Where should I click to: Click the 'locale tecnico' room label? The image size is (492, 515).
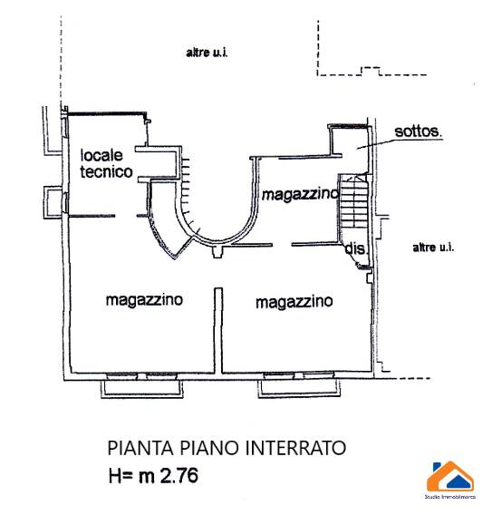click(x=106, y=163)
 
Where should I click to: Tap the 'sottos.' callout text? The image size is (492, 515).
click(x=418, y=131)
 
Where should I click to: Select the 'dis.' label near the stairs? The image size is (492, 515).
click(x=355, y=248)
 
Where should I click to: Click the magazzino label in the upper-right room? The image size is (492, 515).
click(x=300, y=194)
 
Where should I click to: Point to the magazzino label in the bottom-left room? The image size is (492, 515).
click(x=144, y=300)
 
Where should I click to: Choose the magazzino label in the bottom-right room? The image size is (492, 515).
click(x=294, y=302)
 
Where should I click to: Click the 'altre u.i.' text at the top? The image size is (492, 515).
click(x=207, y=53)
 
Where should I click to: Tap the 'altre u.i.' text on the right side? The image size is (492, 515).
click(x=433, y=248)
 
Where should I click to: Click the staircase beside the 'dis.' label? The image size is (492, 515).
click(x=353, y=201)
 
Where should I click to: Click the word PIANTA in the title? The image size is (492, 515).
click(x=140, y=448)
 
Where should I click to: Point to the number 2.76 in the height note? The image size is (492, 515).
click(x=179, y=475)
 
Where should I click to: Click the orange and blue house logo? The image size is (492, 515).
click(x=450, y=476)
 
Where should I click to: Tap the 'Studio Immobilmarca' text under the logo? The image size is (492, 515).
click(x=450, y=497)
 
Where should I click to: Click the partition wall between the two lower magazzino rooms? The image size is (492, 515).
click(x=218, y=330)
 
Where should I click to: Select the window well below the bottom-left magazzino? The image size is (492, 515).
click(x=141, y=389)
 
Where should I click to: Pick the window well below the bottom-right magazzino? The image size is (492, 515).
click(x=299, y=389)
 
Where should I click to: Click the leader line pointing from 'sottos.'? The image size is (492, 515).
click(x=400, y=143)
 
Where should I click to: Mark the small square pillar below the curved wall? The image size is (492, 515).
click(x=217, y=252)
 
